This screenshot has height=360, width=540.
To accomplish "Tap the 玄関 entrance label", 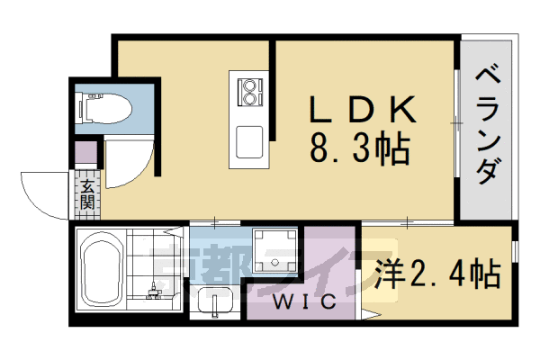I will [86, 193].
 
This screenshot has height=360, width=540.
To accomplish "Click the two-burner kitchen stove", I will [249, 90].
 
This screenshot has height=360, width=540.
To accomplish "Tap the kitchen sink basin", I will [249, 141].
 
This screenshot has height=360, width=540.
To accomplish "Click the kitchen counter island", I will [249, 117].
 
